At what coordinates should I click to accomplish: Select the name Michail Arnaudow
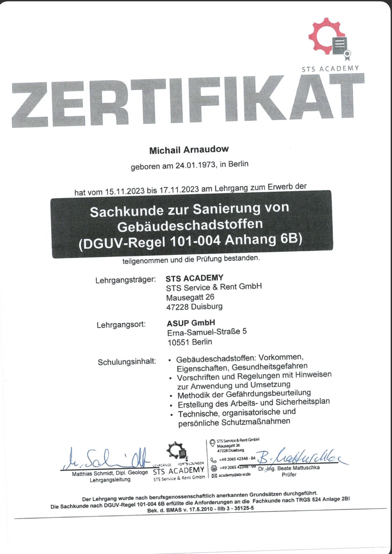pyautogui.click(x=189, y=150)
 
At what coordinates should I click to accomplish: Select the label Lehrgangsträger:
pyautogui.click(x=126, y=280)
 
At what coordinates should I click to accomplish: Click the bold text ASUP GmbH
pyautogui.click(x=191, y=323)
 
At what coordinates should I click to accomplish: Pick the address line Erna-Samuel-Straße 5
pyautogui.click(x=207, y=332)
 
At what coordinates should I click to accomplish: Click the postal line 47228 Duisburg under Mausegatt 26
pyautogui.click(x=194, y=307)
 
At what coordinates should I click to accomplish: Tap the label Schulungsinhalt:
pyautogui.click(x=127, y=362)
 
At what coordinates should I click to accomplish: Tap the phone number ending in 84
pyautogui.click(x=237, y=459)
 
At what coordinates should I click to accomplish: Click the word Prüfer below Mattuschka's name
pyautogui.click(x=289, y=474)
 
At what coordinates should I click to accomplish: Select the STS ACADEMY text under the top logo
pyautogui.click(x=330, y=68)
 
